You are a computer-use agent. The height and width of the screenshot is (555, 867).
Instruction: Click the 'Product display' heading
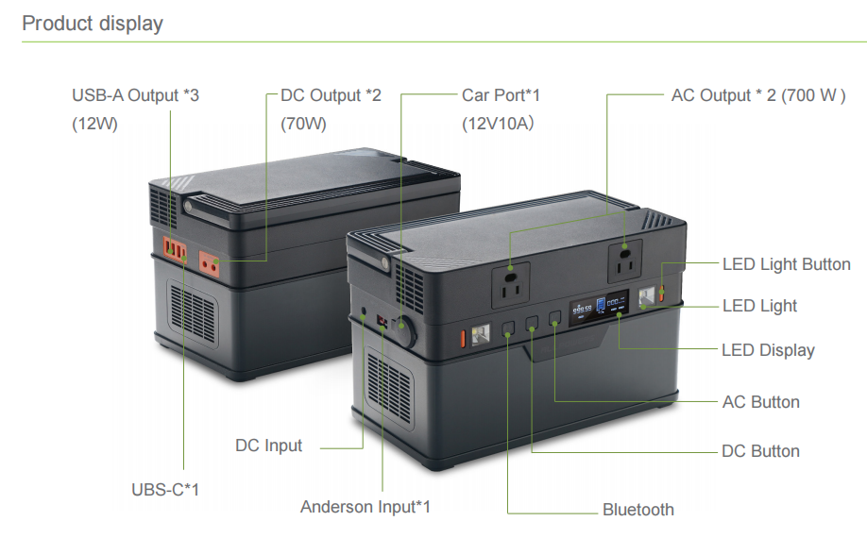93,24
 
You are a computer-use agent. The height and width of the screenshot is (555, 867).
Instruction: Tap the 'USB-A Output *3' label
135,95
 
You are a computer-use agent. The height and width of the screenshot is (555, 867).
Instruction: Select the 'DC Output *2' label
331,95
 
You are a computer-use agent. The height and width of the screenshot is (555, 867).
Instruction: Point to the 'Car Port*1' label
501,95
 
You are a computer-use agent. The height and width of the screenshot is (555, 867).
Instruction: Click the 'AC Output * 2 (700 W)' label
758,95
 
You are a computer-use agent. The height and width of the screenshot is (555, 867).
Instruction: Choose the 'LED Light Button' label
787,264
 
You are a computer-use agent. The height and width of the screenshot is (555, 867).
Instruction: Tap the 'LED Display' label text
768,350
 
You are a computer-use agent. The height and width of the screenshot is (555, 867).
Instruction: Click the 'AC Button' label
761,402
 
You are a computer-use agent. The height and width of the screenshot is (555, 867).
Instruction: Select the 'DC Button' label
761,451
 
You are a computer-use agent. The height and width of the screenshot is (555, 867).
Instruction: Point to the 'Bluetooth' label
638,509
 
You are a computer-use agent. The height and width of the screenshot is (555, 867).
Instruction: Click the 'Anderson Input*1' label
365,506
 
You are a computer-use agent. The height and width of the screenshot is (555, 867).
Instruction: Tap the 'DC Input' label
269,445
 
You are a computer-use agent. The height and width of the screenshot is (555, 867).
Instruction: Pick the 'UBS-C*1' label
164,489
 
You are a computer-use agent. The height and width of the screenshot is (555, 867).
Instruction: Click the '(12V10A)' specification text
498,124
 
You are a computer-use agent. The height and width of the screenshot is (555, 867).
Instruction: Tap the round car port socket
403,329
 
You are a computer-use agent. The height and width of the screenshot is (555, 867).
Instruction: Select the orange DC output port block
209,263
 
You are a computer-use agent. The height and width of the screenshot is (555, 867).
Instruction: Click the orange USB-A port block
175,249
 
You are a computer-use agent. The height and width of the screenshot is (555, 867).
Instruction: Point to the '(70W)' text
303,124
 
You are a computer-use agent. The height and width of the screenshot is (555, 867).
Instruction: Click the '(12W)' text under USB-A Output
95,124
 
